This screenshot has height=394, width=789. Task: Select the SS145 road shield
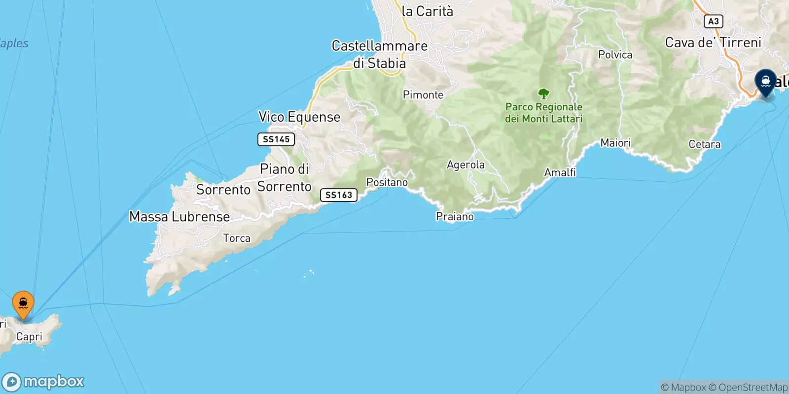276,139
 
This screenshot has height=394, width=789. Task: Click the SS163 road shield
339,195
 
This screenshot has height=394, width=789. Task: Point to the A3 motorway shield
713,21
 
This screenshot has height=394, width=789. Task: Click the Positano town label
387,182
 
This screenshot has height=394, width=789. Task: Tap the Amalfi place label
560,172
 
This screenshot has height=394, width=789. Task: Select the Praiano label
455,216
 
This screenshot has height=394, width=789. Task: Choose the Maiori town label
615,143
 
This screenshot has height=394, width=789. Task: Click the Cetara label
705,144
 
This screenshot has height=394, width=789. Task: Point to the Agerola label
466,164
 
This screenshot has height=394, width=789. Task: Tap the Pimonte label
423,95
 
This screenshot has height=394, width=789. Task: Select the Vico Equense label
299,117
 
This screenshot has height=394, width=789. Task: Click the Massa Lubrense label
179,217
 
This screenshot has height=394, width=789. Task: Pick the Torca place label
237,238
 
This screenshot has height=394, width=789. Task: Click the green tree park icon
543,93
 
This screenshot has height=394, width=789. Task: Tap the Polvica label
615,55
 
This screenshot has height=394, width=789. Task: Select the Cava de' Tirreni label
713,43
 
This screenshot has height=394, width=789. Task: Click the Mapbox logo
43,382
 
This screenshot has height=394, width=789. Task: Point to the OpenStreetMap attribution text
753,388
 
